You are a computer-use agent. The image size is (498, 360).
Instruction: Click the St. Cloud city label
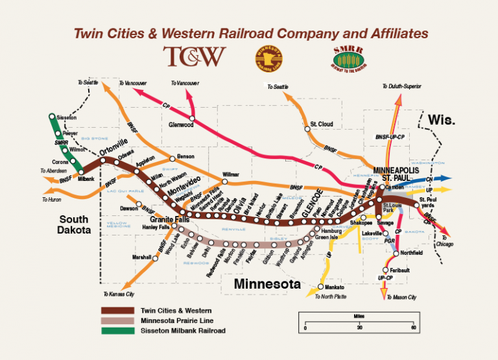pyautogui.click(x=321, y=124)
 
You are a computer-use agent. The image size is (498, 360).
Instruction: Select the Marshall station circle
pyautogui.click(x=156, y=258)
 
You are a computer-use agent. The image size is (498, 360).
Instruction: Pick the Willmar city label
pyautogui.click(x=231, y=174)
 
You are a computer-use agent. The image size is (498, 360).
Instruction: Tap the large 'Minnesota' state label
pyautogui.click(x=267, y=284)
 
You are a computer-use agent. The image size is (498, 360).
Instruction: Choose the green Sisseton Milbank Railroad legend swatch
pyautogui.click(x=117, y=330)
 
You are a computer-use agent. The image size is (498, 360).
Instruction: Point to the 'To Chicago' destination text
pyautogui.click(x=445, y=245)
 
